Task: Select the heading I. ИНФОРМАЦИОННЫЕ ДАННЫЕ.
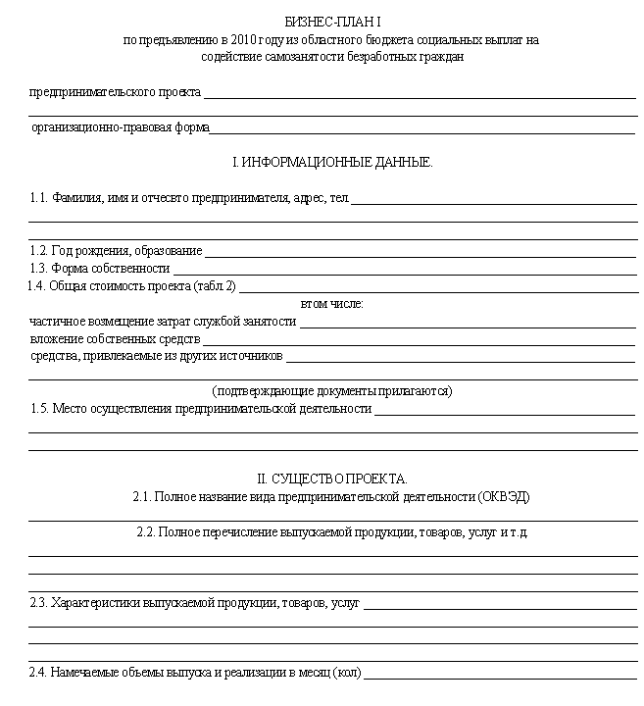tap(331, 162)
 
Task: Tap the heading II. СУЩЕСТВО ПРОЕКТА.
tap(331, 479)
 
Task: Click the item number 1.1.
tap(39, 198)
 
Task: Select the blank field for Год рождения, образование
tap(421, 254)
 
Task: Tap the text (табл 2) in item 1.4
tap(216, 287)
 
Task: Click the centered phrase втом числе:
tap(331, 304)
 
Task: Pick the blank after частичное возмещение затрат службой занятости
tap(468, 326)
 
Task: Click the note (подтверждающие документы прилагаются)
tap(331, 390)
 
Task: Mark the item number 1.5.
tap(39, 408)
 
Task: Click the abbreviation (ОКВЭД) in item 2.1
tap(504, 497)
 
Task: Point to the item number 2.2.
tap(146, 532)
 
